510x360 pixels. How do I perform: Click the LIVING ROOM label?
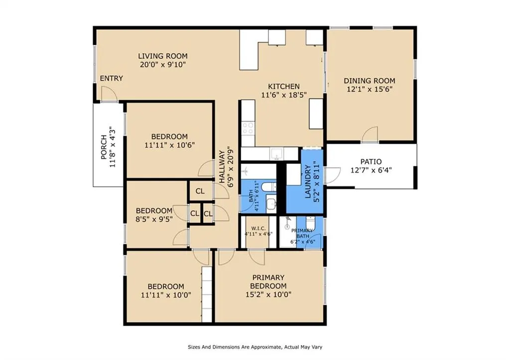coord(163,56)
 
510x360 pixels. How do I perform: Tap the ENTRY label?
coord(111,78)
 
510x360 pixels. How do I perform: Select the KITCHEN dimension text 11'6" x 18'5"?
coord(284,95)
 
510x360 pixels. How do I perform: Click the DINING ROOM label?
coord(370,81)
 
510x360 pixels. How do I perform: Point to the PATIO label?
coord(371,162)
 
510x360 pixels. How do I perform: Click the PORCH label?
coord(104,147)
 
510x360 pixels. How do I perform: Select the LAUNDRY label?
coord(308,182)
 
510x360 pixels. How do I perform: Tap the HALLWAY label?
coord(222,166)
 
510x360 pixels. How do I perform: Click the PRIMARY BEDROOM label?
coord(268,282)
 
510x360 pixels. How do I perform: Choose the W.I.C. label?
coord(258,228)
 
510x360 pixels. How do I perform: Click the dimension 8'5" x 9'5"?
coord(154,219)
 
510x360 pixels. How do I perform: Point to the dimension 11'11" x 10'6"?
coord(169,145)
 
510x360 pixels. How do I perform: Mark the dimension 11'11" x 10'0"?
coord(166,295)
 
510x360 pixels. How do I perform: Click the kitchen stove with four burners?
coord(248,128)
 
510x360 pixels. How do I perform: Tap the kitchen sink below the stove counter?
coord(277,154)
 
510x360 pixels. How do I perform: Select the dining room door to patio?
coord(370,134)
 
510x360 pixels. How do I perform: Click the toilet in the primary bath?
coord(311,223)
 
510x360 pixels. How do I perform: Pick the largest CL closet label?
coord(200,191)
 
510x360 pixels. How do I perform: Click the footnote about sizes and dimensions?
coord(255,347)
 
